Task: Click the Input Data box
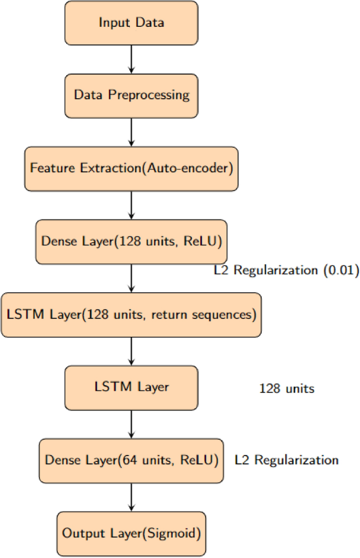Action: point(131,23)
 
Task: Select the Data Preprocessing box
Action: point(131,95)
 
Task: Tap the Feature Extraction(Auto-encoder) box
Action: point(131,169)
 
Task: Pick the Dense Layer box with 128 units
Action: point(131,241)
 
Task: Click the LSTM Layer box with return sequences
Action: point(131,315)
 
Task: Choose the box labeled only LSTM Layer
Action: point(131,388)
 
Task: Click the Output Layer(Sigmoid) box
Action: point(131,533)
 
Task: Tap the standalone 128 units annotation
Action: point(286,389)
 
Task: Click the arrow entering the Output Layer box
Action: point(131,497)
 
